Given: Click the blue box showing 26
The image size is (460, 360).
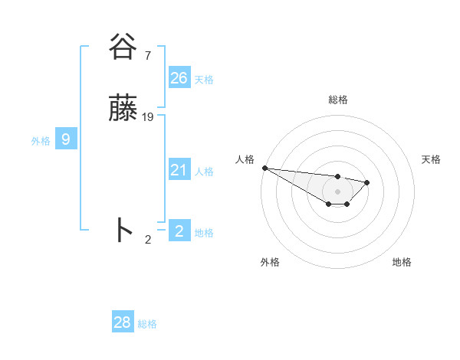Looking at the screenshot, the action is pos(179,78).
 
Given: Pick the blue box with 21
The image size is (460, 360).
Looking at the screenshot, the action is pos(179,170).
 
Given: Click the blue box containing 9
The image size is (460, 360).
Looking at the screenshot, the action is pos(66,139).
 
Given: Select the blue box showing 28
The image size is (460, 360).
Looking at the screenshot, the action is pos(123,322).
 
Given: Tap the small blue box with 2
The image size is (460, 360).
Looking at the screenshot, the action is pos(179,231).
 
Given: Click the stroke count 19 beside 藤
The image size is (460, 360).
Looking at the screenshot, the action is pos(148,117).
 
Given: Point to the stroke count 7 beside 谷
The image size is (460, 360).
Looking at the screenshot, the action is pos(147,55).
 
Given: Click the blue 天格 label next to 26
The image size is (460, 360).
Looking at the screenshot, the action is pos(204,80).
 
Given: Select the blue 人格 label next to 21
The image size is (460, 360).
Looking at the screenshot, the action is pos(204,172).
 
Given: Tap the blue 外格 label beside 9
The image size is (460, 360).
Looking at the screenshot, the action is pos(41,141).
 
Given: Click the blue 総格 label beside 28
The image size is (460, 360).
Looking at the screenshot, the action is pos(147,324).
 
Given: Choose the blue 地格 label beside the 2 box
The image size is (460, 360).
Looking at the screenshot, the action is pos(204,233).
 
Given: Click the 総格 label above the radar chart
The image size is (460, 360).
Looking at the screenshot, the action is pos(338,100).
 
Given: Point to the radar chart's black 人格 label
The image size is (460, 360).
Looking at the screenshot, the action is pos(245,159).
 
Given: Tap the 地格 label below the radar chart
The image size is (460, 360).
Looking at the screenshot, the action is pos(402,262).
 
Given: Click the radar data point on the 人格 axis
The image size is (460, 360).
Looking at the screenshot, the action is pos(264,168).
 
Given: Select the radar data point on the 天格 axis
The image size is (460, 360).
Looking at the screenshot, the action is pos(367,182).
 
